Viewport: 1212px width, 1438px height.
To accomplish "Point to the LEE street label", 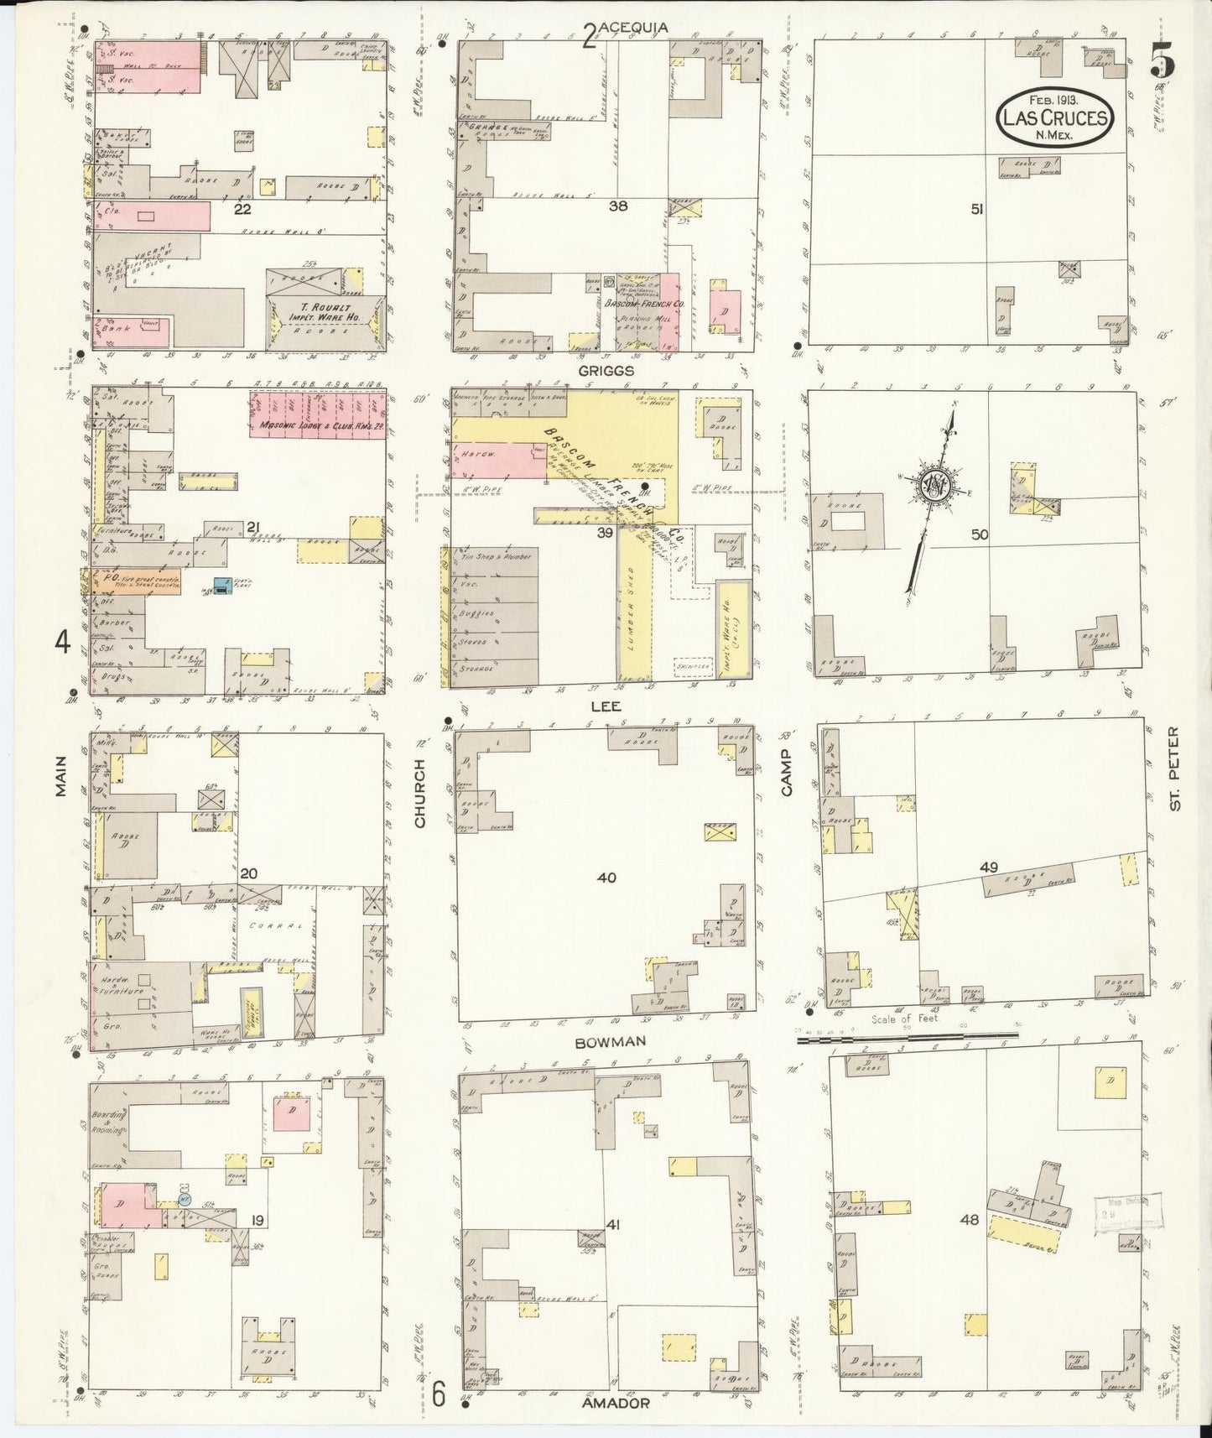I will click(x=606, y=706).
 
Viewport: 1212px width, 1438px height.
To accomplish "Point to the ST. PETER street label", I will click(x=1174, y=780).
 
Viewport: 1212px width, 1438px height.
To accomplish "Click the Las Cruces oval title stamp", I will click(x=1055, y=119).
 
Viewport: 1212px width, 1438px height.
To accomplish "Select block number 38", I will click(x=618, y=205).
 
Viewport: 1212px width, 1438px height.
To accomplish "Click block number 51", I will click(x=976, y=210).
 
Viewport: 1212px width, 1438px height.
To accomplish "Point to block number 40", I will click(x=606, y=878).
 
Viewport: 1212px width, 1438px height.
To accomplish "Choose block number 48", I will click(x=969, y=1220).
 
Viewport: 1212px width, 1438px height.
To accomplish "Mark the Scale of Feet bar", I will click(x=906, y=1039).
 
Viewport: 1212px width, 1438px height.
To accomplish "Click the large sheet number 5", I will click(x=1162, y=60).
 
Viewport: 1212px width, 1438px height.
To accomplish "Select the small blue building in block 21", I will click(x=221, y=586).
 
